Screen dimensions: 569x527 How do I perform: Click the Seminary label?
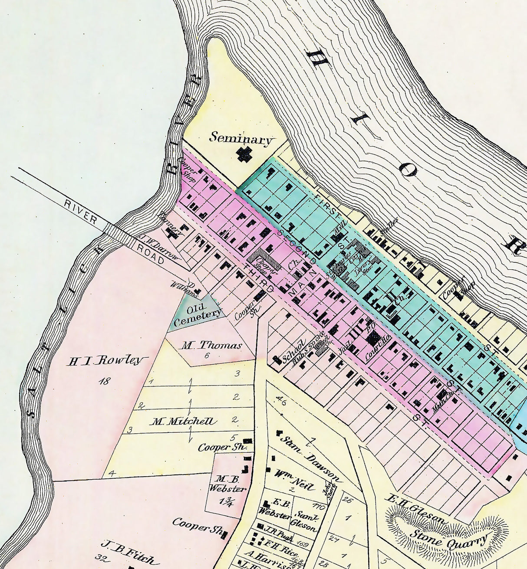pos(241,138)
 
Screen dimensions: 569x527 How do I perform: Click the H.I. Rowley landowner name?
pos(107,361)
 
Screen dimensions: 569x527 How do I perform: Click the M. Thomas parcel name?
pos(211,346)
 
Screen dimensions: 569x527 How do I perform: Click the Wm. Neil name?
pos(293,479)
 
